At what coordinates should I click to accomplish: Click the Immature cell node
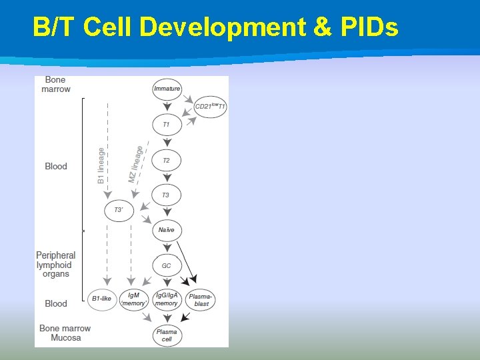click(167, 89)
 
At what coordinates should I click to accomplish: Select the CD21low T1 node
click(210, 107)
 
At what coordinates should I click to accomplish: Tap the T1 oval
click(166, 125)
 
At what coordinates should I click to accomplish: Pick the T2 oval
click(166, 160)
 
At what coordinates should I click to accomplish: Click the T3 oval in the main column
click(166, 195)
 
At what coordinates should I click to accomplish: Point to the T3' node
click(119, 211)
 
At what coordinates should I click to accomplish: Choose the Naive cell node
click(166, 230)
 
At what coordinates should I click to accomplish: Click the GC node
click(166, 265)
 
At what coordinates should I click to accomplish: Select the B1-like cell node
click(103, 299)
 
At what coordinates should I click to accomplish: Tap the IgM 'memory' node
click(134, 299)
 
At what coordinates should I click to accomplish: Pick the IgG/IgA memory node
click(167, 299)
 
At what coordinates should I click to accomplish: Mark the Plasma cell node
click(167, 335)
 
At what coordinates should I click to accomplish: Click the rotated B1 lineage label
click(101, 165)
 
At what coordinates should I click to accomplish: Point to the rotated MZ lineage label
click(135, 164)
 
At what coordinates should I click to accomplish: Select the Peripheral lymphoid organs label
click(55, 265)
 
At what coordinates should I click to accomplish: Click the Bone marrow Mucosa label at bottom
click(65, 333)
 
